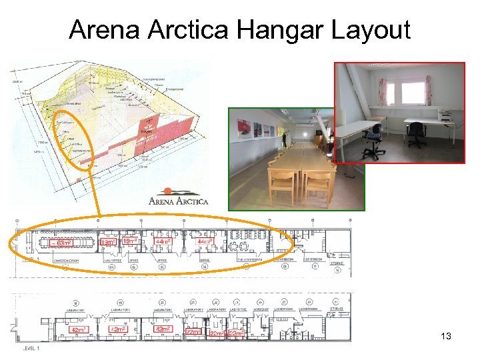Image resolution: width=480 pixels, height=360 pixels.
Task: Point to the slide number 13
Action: (446, 337)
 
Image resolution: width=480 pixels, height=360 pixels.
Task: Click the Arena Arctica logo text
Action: (178, 200)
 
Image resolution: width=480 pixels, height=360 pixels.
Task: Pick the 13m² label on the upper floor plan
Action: (108, 242)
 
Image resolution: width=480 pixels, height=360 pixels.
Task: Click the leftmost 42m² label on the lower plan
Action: (80, 330)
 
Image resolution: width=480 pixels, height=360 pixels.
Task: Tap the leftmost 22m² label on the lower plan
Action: (193, 331)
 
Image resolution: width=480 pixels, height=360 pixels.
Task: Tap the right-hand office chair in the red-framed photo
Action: (416, 133)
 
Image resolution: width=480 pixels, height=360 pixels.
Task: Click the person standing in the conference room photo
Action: (284, 140)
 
